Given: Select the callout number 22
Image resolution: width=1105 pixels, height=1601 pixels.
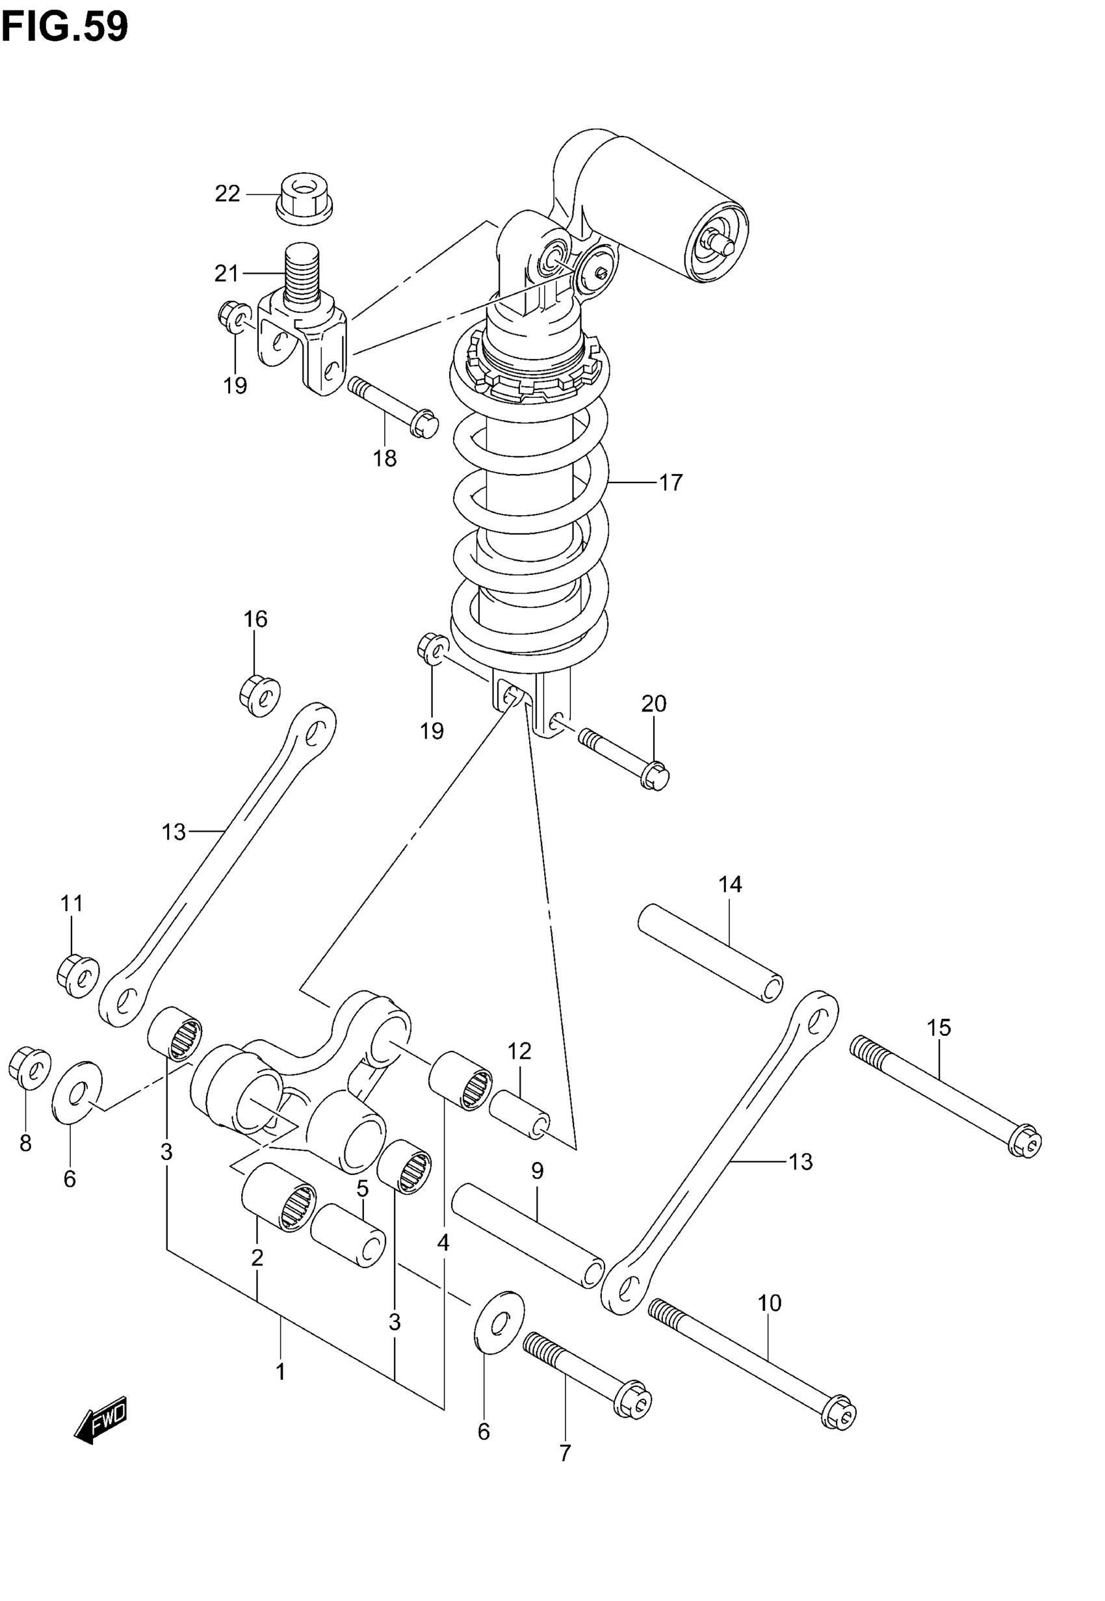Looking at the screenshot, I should pos(227,194).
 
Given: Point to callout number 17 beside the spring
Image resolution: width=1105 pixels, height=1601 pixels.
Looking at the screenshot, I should pos(670,482).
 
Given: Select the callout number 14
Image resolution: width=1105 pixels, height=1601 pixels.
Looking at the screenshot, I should pos(730,884).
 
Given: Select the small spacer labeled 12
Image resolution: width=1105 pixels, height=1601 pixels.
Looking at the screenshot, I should pos(520,1114).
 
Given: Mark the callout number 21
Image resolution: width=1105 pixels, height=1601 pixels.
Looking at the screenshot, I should pos(226,274).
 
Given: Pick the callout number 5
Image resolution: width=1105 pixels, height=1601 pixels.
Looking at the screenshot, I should pos(362,1189).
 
